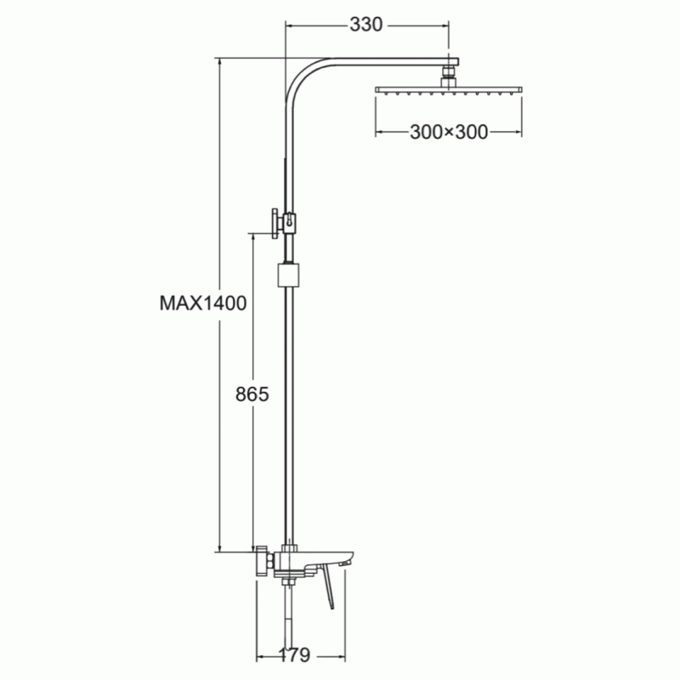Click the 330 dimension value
[366, 25]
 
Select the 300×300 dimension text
[449, 132]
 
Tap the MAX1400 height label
[203, 303]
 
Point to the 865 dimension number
[252, 394]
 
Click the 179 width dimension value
[294, 654]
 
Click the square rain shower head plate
[449, 90]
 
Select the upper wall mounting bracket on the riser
[284, 223]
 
